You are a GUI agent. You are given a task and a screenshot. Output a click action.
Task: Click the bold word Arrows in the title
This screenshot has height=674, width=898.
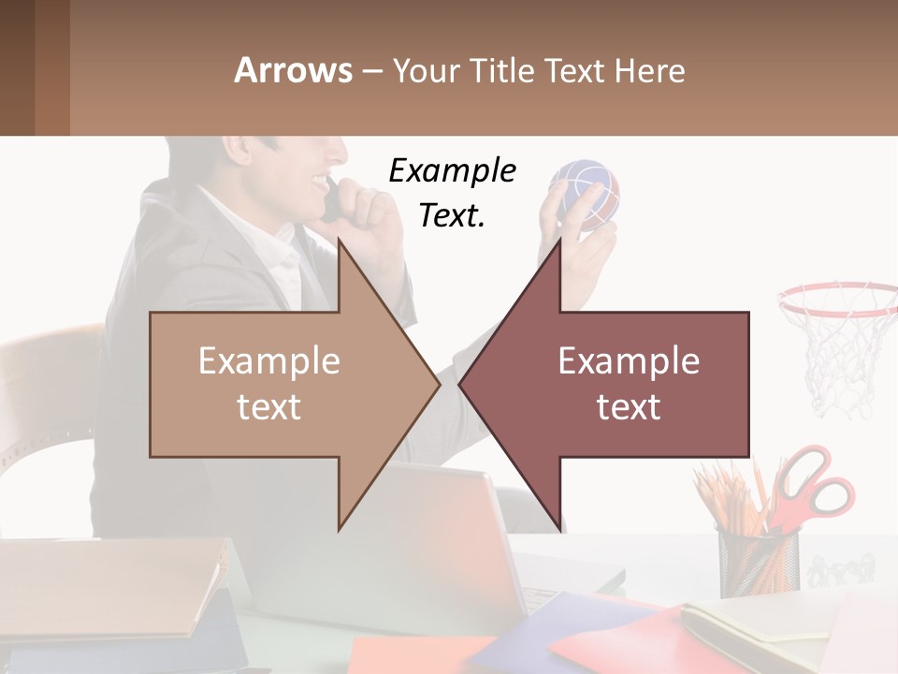[293, 70]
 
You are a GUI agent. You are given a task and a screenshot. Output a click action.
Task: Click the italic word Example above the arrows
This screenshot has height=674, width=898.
[452, 171]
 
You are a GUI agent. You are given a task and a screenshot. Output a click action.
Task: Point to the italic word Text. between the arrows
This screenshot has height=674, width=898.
[452, 215]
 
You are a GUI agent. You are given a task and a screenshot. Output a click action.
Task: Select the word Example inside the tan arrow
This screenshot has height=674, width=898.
[269, 361]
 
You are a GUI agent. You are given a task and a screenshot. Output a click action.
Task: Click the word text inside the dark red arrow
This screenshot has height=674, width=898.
[629, 406]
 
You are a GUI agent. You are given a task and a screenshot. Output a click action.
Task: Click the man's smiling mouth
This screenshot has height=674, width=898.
[321, 180]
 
